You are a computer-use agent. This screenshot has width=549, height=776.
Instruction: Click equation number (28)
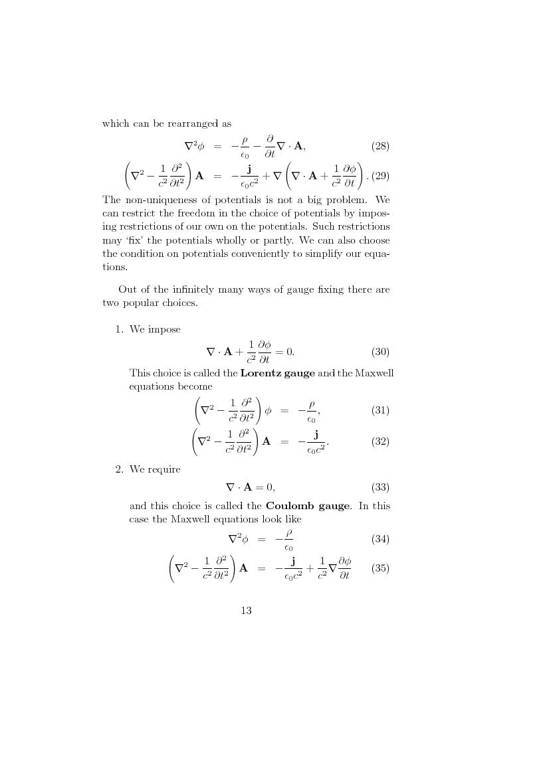pyautogui.click(x=380, y=146)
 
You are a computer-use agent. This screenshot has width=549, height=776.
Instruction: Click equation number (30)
pyautogui.click(x=380, y=352)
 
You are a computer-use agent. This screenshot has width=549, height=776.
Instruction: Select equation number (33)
pyautogui.click(x=380, y=487)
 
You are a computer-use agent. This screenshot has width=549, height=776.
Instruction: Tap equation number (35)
pyautogui.click(x=380, y=569)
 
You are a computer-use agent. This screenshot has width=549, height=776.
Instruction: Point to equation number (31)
pyautogui.click(x=380, y=410)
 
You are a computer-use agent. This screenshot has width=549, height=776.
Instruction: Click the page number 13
pyautogui.click(x=246, y=611)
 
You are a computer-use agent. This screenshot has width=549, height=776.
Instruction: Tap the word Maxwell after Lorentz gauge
pyautogui.click(x=374, y=373)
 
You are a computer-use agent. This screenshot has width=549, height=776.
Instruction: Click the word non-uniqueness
pyautogui.click(x=157, y=199)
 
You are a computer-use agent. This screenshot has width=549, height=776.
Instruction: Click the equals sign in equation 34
pyautogui.click(x=261, y=540)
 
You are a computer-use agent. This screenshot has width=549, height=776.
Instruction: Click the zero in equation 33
pyautogui.click(x=269, y=487)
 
